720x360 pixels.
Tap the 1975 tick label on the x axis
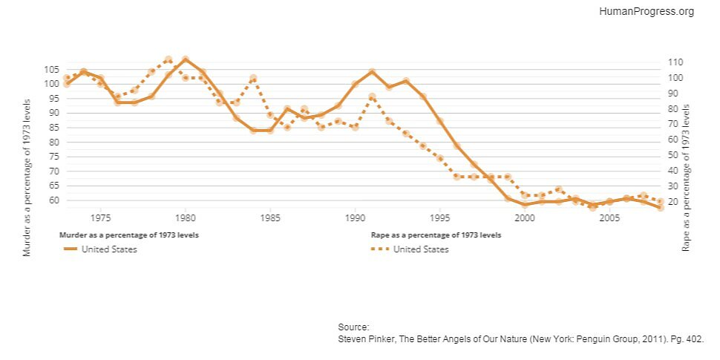pyautogui.click(x=101, y=218)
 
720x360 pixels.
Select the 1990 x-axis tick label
pyautogui.click(x=355, y=218)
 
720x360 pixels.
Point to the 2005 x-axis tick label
pyautogui.click(x=609, y=218)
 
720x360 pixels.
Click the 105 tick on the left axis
pyautogui.click(x=50, y=69)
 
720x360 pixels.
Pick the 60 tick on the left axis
pyautogui.click(x=53, y=200)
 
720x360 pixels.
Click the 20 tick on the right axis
pyautogui.click(x=672, y=202)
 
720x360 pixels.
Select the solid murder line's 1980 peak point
pyautogui.click(x=186, y=59)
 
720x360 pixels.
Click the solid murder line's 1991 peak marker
pyautogui.click(x=372, y=72)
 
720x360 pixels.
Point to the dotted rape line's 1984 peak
pyautogui.click(x=253, y=78)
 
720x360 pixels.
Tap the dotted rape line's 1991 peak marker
pyautogui.click(x=372, y=96)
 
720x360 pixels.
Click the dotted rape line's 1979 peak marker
pyautogui.click(x=168, y=59)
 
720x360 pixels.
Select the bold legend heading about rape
pyautogui.click(x=436, y=235)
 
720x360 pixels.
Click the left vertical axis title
pyautogui.click(x=27, y=178)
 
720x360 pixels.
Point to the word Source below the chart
pyautogui.click(x=353, y=327)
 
